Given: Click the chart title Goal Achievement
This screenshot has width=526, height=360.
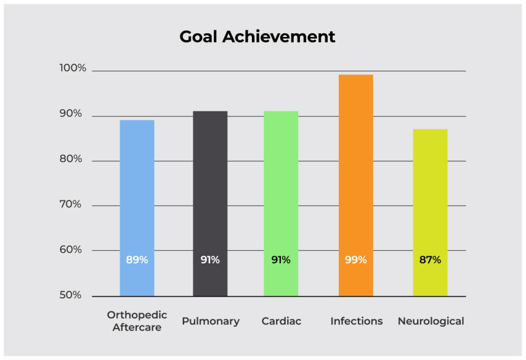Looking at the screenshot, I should click(257, 37).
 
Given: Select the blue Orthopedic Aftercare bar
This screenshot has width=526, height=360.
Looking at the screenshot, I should click(137, 197).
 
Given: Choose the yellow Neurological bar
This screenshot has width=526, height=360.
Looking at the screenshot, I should click(430, 203).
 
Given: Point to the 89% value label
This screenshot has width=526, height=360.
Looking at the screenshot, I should click(137, 260).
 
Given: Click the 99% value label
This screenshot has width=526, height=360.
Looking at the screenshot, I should click(355, 260).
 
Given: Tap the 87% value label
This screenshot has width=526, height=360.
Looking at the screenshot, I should click(430, 260).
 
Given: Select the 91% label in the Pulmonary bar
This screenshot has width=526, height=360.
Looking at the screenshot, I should click(210, 260).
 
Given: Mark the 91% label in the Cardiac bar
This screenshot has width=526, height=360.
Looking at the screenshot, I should click(281, 260).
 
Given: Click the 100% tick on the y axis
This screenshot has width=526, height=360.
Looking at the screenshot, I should click(73, 68).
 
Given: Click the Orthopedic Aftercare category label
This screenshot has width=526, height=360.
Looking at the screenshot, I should click(137, 321).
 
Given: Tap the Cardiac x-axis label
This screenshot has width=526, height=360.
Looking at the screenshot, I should click(281, 321).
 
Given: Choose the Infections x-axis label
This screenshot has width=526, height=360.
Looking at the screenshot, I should click(356, 321).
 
